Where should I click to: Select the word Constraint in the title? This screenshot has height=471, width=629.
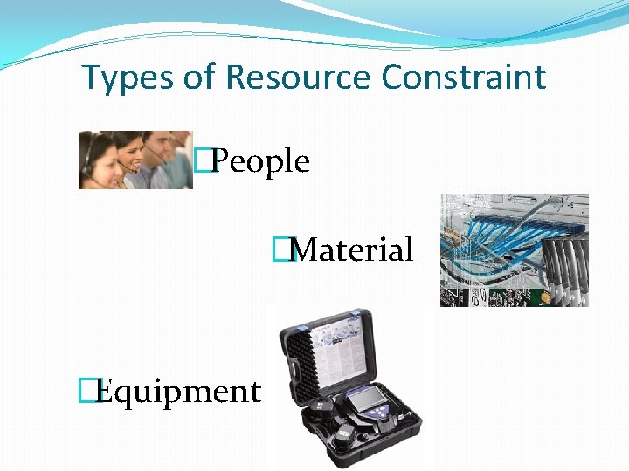click(463, 78)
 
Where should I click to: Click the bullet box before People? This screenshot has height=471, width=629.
click(204, 160)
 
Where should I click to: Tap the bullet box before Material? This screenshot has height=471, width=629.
click(280, 250)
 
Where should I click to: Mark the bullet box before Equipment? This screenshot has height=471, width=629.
click(86, 392)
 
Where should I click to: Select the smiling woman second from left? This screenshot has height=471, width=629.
click(129, 154)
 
